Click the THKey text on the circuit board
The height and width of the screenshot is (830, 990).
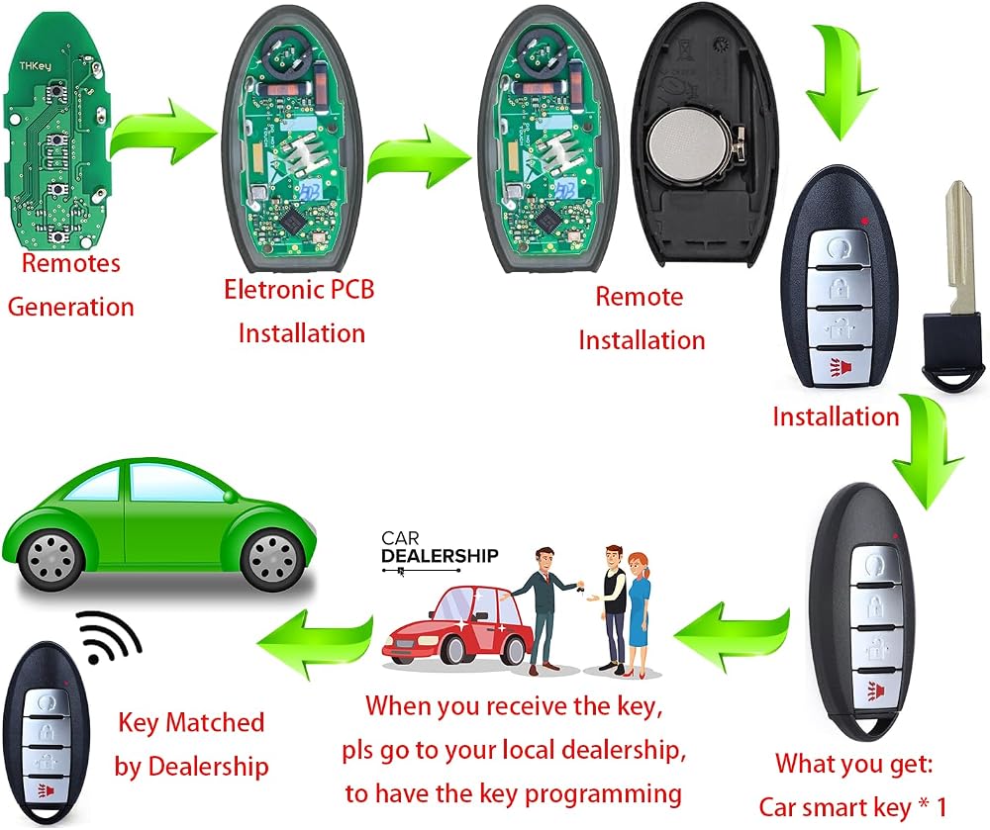[x=35, y=65]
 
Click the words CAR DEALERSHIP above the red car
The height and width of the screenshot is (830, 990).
[x=440, y=547]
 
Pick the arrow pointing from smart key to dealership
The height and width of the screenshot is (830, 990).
[x=732, y=637]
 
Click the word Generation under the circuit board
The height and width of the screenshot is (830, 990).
[x=70, y=307]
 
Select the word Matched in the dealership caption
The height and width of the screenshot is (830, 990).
[x=215, y=723]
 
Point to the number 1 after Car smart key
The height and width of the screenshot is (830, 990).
[x=940, y=807]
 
